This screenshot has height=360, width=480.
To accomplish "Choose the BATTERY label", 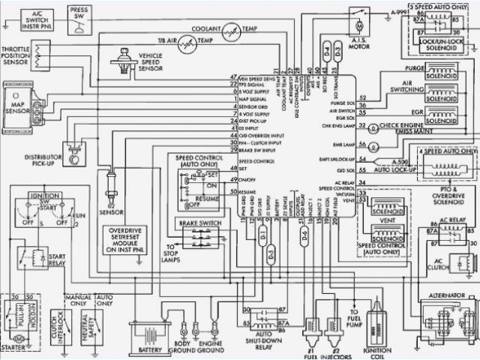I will (154, 350).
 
